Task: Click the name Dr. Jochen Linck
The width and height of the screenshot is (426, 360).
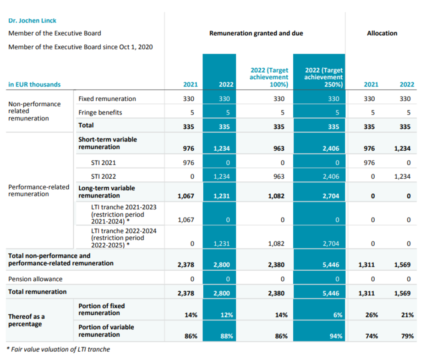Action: (33, 21)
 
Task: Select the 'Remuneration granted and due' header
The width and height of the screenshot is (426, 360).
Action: (256, 33)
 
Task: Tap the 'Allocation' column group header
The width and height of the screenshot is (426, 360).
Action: (382, 33)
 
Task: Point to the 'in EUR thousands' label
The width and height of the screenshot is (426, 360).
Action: (34, 84)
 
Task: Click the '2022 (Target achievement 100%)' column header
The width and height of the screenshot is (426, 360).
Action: (269, 77)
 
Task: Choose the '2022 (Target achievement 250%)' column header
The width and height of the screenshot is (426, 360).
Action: (323, 77)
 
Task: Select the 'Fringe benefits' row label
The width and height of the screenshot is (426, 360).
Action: (100, 112)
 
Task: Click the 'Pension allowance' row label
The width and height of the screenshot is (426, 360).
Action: (35, 279)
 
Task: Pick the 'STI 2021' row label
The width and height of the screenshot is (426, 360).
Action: (103, 163)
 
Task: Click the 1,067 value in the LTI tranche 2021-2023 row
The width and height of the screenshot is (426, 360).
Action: (186, 220)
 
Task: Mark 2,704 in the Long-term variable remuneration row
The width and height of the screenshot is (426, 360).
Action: (331, 196)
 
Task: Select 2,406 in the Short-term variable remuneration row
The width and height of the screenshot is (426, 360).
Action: (331, 148)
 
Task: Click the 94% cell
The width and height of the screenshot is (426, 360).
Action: (335, 336)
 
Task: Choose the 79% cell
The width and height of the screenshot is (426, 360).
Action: (407, 336)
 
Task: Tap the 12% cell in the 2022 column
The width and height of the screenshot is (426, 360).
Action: (227, 315)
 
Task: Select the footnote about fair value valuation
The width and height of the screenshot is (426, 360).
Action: (59, 349)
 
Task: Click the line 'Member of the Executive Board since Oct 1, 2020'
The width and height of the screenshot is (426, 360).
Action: (80, 47)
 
